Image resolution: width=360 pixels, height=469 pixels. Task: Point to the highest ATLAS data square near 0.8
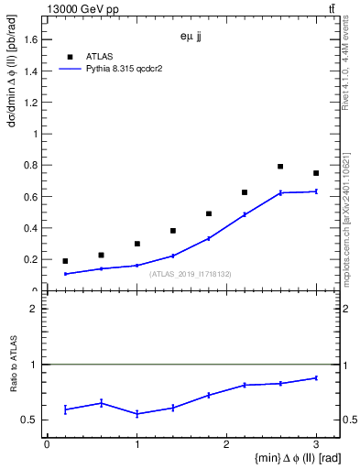[280, 167]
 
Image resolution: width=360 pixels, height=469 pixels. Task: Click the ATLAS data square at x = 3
[316, 173]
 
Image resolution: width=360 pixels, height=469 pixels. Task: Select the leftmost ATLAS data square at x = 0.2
[65, 261]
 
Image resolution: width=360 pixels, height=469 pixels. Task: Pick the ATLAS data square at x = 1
[136, 244]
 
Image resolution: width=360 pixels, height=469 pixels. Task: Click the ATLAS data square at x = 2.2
[245, 192]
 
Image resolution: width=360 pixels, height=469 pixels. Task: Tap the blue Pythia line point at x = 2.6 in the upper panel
[280, 192]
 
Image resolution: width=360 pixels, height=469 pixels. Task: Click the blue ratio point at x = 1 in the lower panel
[136, 414]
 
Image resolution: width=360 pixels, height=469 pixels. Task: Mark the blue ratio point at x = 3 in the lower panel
[316, 377]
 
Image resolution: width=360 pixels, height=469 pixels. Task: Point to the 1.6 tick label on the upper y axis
[29, 39]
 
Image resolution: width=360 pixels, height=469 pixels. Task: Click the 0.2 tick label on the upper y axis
[29, 260]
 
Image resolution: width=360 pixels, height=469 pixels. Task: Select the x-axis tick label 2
[226, 444]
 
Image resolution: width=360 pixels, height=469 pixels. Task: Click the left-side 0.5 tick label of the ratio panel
[29, 420]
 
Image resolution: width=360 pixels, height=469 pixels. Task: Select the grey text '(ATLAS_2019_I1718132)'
[191, 273]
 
